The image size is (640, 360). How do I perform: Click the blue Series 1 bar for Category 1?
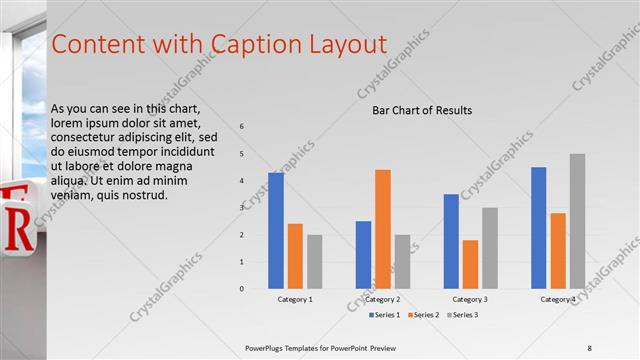click(276, 231)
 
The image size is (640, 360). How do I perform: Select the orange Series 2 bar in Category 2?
click(383, 229)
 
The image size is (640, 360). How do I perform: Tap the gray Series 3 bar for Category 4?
click(578, 221)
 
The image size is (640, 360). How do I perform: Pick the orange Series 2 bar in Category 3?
click(470, 264)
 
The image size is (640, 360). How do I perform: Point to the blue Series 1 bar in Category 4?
click(539, 228)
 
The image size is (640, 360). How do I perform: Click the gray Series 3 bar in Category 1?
click(314, 262)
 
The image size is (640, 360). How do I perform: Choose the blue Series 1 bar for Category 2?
click(363, 255)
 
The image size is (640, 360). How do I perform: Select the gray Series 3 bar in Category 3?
click(490, 248)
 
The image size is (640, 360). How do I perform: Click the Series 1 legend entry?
click(385, 315)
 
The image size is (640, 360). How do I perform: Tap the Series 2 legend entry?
click(422, 315)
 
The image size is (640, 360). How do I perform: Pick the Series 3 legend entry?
click(461, 315)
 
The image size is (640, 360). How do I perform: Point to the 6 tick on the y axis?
click(241, 126)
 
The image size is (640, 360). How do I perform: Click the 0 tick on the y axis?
click(241, 288)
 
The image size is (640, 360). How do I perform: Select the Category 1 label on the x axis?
click(295, 299)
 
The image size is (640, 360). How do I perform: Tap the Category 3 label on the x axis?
click(470, 299)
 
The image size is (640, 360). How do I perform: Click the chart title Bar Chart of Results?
click(422, 110)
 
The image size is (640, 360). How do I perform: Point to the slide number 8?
click(590, 347)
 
